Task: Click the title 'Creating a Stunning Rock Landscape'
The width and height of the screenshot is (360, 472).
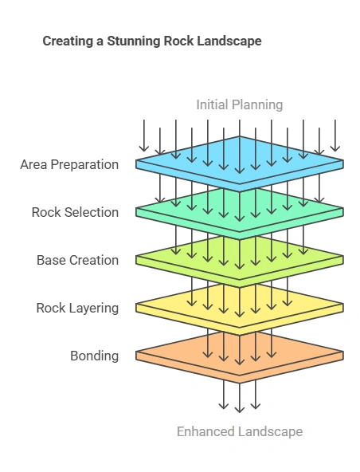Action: tap(151, 41)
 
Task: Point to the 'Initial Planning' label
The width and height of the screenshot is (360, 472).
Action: tap(239, 104)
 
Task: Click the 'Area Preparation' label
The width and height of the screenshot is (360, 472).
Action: tap(70, 165)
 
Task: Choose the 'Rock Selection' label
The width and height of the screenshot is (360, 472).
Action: tap(75, 212)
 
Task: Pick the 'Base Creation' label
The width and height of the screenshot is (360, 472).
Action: tap(77, 260)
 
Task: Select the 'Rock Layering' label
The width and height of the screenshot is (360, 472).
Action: tap(77, 308)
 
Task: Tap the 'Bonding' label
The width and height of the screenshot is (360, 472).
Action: tap(94, 356)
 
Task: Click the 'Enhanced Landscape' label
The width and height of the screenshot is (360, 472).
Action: tap(239, 431)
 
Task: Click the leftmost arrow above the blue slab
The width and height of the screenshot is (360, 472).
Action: tap(144, 136)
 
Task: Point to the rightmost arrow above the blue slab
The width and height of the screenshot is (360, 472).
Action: tap(335, 136)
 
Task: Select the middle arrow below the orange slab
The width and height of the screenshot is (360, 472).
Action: tap(239, 397)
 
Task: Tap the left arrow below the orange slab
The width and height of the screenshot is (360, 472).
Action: tap(224, 393)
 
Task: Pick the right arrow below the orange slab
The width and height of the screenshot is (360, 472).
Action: tap(255, 393)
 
